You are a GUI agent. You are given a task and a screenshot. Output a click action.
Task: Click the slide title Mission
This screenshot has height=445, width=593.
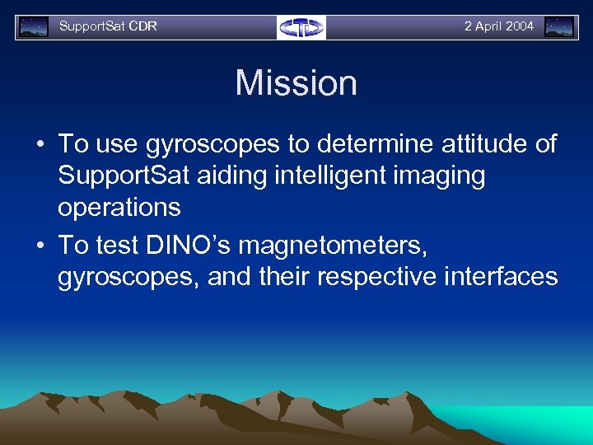[x=296, y=83]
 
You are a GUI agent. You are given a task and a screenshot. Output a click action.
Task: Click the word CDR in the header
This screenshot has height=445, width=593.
[x=142, y=26]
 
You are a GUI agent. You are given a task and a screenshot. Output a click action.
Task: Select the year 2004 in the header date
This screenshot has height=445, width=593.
[x=520, y=26]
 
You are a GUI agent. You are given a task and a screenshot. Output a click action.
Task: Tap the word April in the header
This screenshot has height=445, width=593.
[x=489, y=26]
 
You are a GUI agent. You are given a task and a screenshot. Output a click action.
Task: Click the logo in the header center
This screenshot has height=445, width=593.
[x=301, y=27]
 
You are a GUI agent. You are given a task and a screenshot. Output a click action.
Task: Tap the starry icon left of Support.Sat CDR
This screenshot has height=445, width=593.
[x=34, y=27]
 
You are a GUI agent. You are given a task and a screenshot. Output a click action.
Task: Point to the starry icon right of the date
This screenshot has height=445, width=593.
[x=559, y=27]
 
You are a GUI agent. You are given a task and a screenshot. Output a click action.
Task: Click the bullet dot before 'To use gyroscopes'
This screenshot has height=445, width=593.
[x=40, y=145]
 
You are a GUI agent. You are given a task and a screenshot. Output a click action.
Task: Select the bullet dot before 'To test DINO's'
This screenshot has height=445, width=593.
[x=40, y=246]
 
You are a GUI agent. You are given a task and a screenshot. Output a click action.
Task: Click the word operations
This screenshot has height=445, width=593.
[x=119, y=207]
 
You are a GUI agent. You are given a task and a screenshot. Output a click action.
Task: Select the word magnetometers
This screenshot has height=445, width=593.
[x=356, y=245]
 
